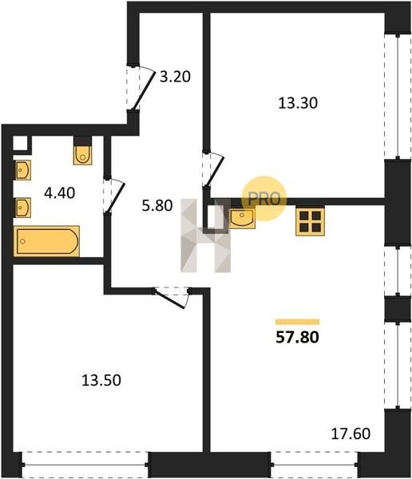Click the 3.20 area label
[x=175, y=77]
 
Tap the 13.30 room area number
[x=298, y=103]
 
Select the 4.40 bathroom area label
[x=60, y=193]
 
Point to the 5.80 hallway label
[x=157, y=206]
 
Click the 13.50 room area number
[x=101, y=380]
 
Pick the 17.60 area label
[x=351, y=433]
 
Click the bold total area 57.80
[x=297, y=337]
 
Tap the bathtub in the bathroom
[x=47, y=241]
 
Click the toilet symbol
[x=82, y=155]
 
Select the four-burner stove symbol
[x=310, y=222]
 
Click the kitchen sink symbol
[x=242, y=219]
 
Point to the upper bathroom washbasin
[x=22, y=170]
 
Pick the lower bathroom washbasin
[x=22, y=208]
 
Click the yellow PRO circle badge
[x=264, y=199]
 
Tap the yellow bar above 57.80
[x=297, y=322]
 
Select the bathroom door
[x=113, y=196]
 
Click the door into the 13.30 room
[x=213, y=170]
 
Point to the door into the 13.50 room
[x=172, y=298]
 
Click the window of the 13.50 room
[x=85, y=465]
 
